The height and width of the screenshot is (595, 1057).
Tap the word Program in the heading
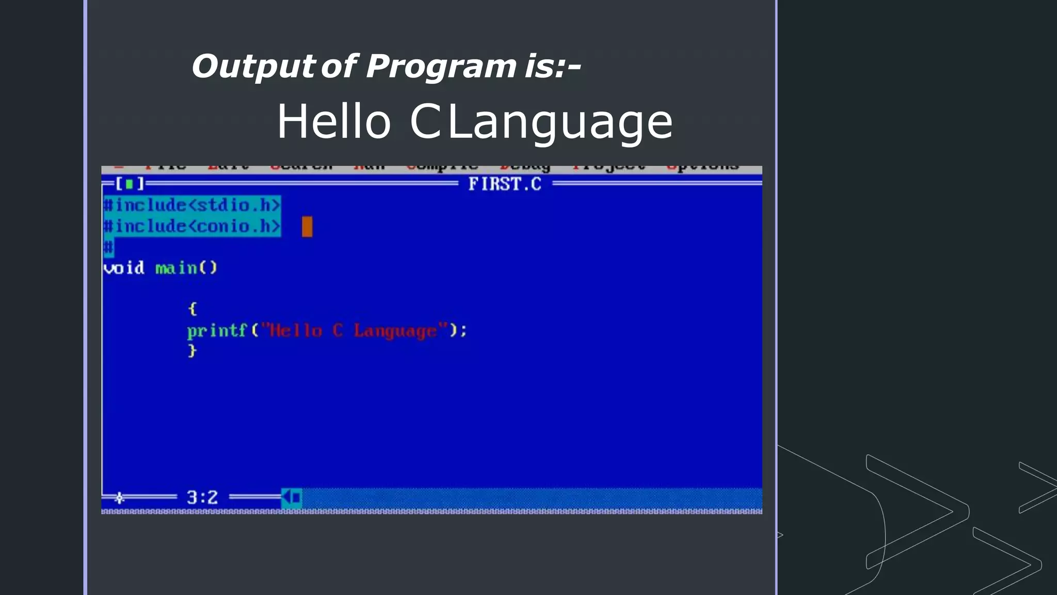441,67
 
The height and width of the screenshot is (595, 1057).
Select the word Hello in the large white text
334,122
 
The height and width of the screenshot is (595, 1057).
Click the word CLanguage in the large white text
541,123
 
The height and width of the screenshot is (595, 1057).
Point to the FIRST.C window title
504,184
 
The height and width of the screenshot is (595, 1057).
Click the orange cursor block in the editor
307,227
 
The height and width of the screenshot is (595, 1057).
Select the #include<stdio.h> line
192,205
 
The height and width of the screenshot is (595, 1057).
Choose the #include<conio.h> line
192,226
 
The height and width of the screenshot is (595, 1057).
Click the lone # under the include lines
108,247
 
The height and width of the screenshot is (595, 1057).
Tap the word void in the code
124,268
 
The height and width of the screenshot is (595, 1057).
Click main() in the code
186,268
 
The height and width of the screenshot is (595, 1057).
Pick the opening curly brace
193,309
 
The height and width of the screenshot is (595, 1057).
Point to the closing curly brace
193,351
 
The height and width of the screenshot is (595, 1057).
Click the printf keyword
217,331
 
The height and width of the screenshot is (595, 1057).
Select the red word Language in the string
395,331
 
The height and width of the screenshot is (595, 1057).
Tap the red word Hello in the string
296,331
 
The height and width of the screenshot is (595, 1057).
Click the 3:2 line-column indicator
202,497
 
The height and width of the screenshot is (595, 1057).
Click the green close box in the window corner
129,183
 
